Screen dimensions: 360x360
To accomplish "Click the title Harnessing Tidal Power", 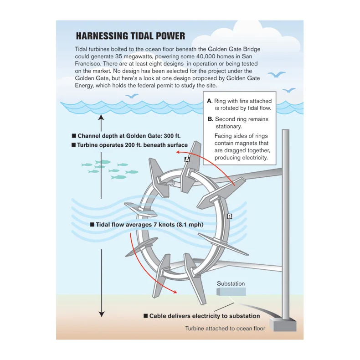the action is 130,36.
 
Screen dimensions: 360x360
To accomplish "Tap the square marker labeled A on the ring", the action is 187,159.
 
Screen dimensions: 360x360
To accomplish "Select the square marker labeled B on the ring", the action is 230,216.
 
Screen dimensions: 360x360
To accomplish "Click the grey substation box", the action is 231,292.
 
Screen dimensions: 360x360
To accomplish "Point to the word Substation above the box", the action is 231,283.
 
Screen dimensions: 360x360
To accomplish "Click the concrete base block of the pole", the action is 283,324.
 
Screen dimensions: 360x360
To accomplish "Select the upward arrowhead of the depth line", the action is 102,117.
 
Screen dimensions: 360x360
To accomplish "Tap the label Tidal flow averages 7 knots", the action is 146,225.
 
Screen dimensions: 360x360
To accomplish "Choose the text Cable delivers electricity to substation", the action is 201,316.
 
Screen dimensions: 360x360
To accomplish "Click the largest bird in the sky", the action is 276,74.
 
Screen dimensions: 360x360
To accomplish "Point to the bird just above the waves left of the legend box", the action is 132,96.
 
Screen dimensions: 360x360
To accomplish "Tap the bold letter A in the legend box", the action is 209,101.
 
